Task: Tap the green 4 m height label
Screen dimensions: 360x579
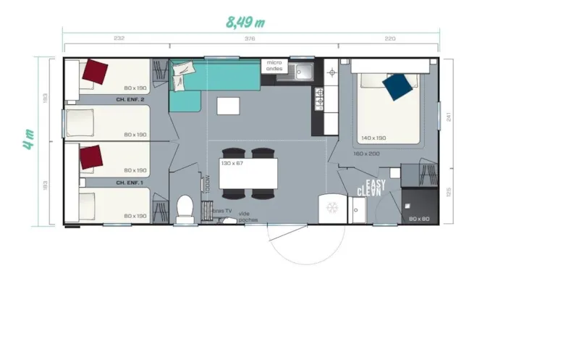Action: (x=28, y=138)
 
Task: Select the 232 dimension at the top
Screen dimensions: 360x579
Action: (x=119, y=38)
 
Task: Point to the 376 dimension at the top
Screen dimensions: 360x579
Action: (x=250, y=38)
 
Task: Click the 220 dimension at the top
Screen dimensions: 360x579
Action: (x=390, y=38)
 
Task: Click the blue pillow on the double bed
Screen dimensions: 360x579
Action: (x=399, y=86)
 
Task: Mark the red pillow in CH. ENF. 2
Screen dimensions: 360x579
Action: (x=95, y=71)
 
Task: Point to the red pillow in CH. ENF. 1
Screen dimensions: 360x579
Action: (x=91, y=156)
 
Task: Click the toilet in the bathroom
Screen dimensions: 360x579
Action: (x=185, y=207)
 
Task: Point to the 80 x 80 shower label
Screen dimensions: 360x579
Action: (x=419, y=218)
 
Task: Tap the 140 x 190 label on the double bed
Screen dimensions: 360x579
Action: (x=374, y=137)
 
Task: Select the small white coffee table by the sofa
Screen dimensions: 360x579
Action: (x=229, y=106)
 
